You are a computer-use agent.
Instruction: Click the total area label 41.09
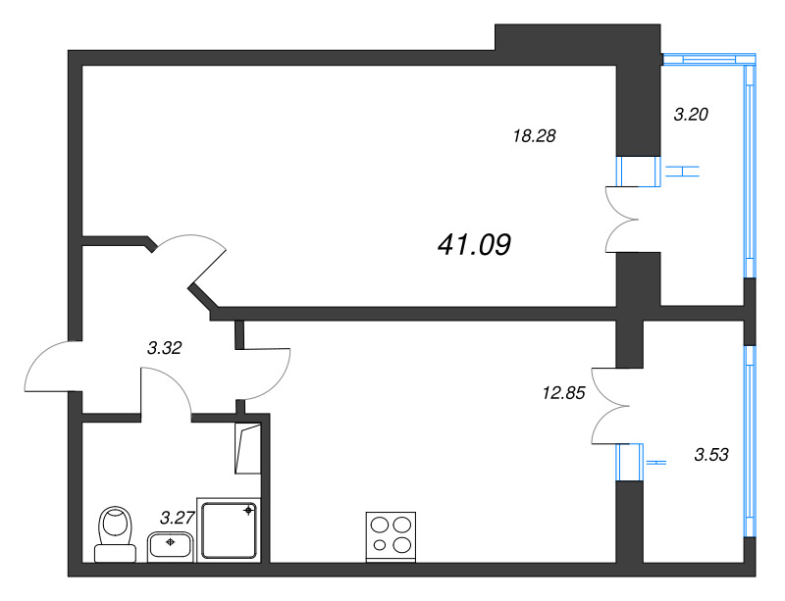tap(474, 245)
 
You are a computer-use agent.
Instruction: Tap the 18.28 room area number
tap(534, 135)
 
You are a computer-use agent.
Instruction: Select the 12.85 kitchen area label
tap(563, 393)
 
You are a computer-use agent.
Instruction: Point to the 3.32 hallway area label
tap(164, 347)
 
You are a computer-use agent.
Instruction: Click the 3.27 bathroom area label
tap(177, 518)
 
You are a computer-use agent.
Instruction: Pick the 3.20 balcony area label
tap(691, 115)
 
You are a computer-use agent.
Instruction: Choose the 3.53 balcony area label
tap(711, 454)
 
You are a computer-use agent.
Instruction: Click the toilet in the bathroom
tap(116, 534)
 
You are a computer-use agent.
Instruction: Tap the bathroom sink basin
tap(170, 545)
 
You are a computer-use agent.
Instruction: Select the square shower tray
tap(229, 530)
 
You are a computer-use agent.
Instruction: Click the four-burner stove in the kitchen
tap(391, 536)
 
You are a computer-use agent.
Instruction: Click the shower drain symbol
tap(248, 511)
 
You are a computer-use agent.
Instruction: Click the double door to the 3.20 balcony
tap(622, 220)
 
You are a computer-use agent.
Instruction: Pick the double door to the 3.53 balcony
tap(609, 406)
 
